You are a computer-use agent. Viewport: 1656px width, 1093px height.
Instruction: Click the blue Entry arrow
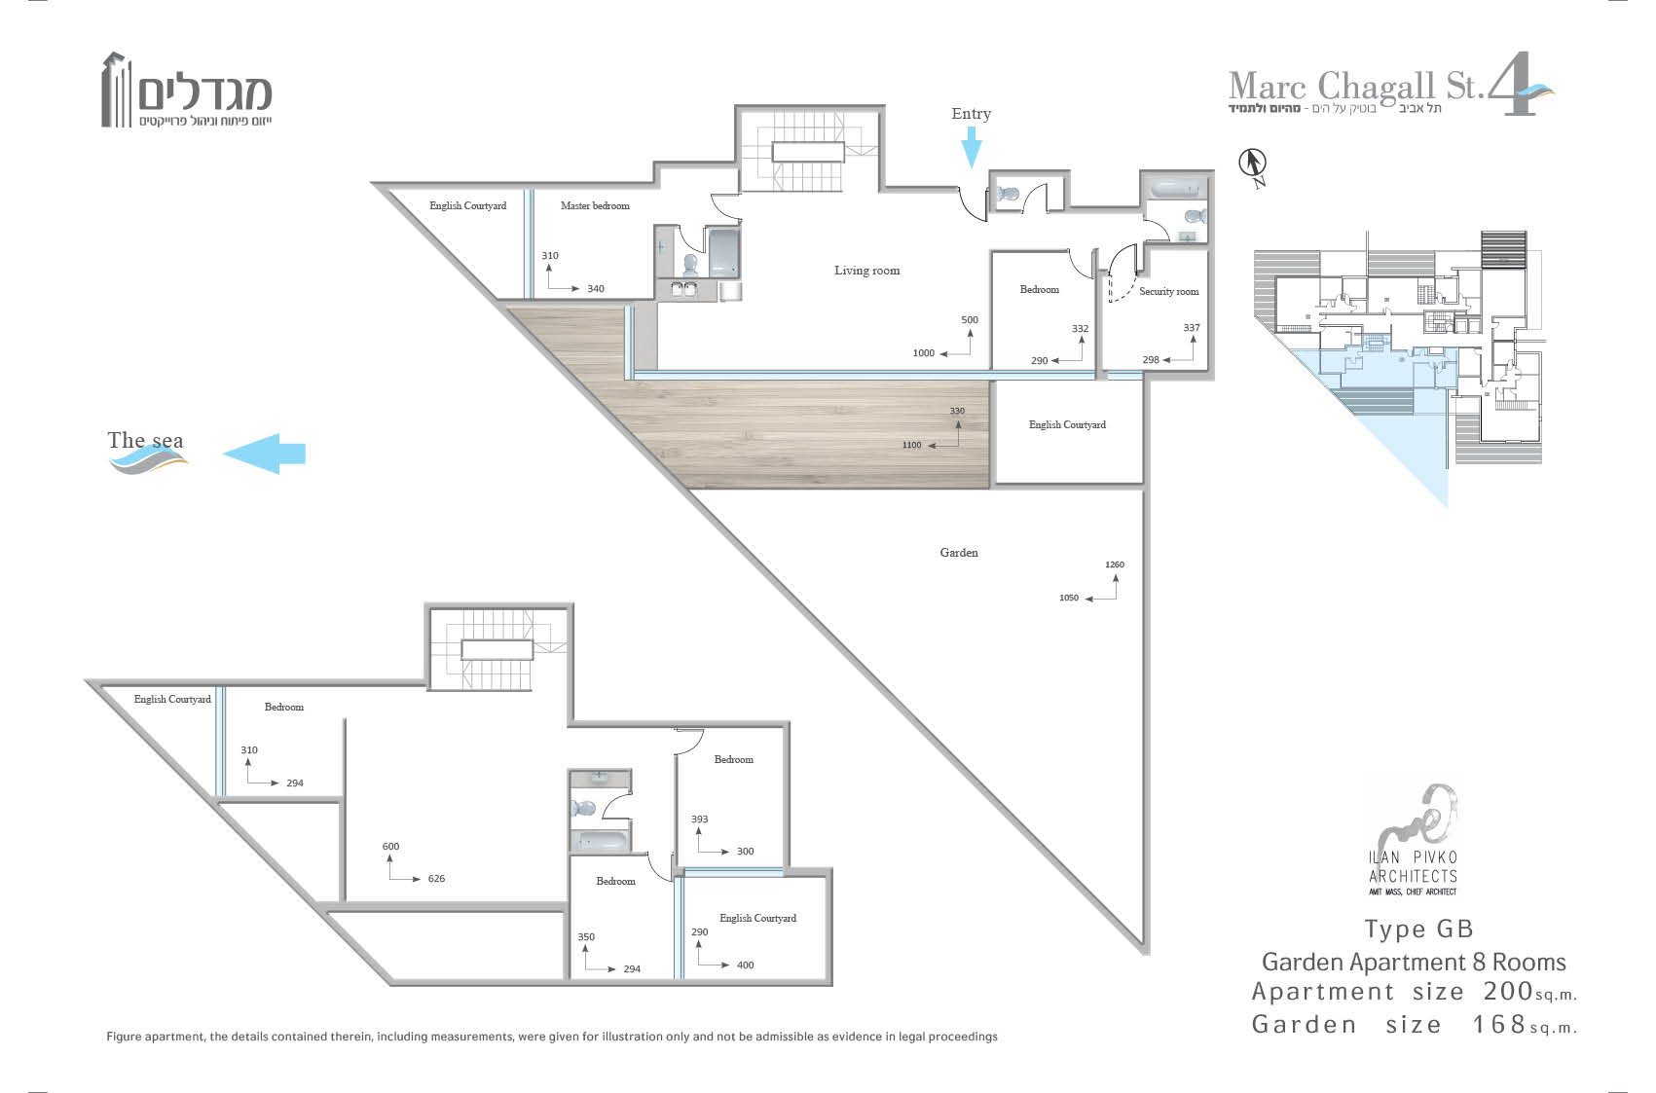click(972, 147)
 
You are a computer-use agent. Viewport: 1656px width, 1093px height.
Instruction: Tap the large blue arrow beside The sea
click(264, 453)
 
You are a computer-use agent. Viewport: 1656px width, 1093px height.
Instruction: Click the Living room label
click(867, 271)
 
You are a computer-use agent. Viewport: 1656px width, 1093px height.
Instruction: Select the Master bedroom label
click(595, 205)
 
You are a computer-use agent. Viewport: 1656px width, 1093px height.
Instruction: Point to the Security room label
click(1169, 291)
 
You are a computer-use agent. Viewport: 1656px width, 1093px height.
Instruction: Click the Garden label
click(959, 552)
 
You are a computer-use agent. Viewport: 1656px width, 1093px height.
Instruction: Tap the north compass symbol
click(1253, 167)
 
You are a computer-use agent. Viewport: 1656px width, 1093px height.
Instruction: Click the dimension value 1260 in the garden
click(1114, 565)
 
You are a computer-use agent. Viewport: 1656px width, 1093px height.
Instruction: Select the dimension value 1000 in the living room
click(923, 353)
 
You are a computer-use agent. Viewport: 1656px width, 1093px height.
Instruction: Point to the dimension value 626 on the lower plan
click(436, 879)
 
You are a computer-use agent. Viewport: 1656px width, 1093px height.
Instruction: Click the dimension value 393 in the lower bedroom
click(699, 819)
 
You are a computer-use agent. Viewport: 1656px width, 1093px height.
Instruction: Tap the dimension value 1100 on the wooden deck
click(911, 445)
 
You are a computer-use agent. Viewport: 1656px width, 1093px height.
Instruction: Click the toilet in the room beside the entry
click(1008, 195)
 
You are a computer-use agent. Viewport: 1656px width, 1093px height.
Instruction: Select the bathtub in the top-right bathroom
click(1175, 189)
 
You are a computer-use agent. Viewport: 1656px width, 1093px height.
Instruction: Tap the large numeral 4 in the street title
click(1512, 84)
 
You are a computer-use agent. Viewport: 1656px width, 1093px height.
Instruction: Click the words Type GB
click(1418, 929)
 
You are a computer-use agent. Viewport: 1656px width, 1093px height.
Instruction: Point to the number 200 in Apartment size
click(1508, 992)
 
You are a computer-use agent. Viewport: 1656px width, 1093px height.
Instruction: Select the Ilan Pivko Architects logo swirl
click(1413, 816)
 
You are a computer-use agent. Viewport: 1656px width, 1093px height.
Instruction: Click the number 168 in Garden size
click(1498, 1024)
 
